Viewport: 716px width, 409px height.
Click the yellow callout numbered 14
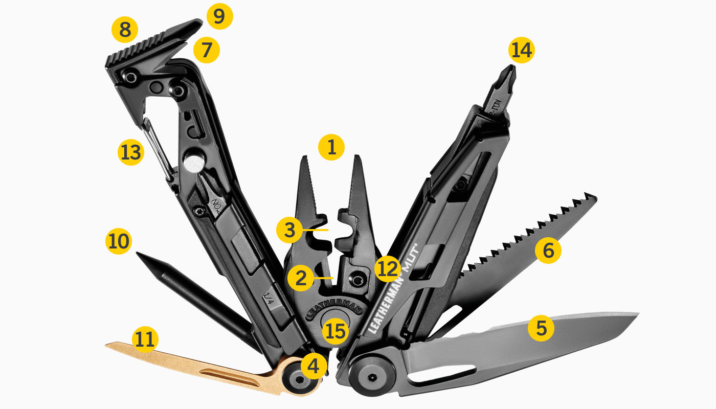(x=521, y=51)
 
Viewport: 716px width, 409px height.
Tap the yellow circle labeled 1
(x=331, y=148)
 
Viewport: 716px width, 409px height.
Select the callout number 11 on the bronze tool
(x=145, y=340)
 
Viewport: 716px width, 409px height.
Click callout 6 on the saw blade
(x=548, y=251)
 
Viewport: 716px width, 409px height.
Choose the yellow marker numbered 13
(x=131, y=152)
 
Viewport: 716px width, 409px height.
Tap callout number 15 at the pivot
(x=335, y=331)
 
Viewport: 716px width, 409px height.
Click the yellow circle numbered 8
(x=125, y=31)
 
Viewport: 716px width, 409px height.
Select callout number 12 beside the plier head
(x=387, y=268)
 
